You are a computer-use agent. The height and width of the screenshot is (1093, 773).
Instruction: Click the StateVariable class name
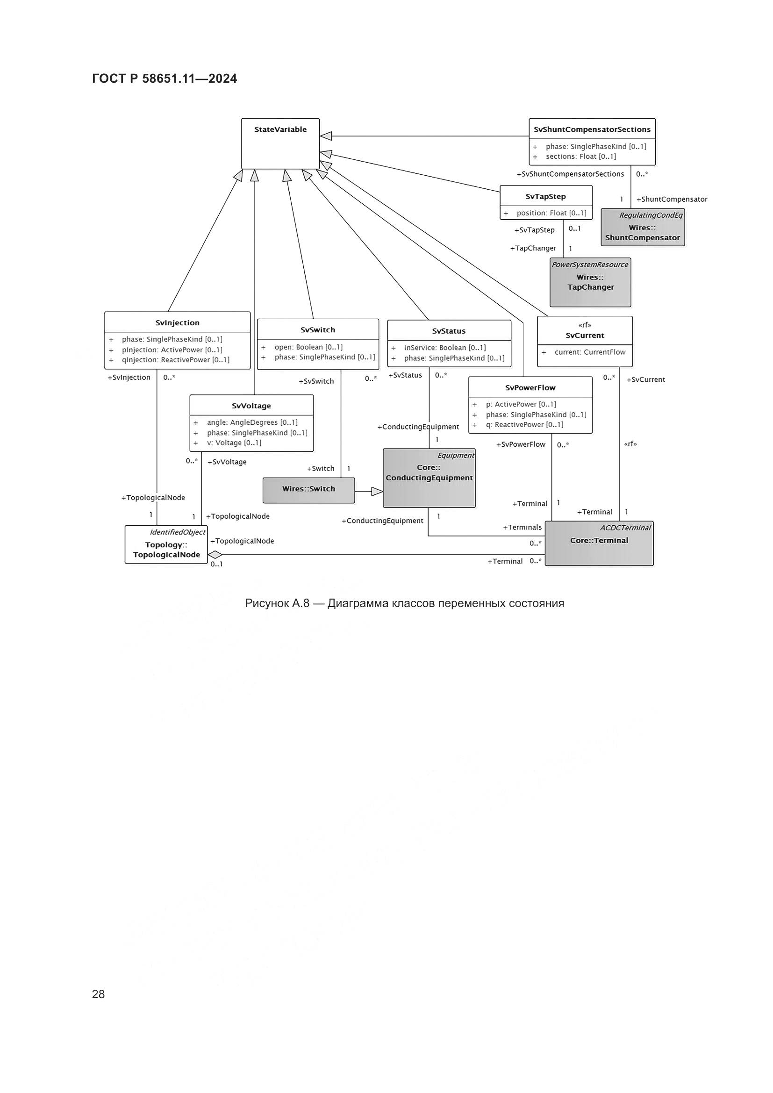(x=280, y=129)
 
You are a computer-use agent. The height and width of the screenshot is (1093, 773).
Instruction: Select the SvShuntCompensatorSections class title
(x=592, y=129)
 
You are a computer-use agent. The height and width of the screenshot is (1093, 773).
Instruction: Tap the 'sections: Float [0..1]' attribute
(x=581, y=157)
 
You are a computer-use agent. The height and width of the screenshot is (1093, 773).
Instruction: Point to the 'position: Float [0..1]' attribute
(x=551, y=213)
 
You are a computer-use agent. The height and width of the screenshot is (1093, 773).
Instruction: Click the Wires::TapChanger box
(x=590, y=283)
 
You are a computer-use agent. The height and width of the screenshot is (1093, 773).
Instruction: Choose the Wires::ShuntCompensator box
(x=643, y=228)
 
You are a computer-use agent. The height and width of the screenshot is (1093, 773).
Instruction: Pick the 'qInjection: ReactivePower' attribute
(x=175, y=360)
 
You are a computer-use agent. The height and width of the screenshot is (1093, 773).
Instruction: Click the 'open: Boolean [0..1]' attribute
(x=308, y=347)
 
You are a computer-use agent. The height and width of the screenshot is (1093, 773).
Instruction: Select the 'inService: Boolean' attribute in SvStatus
(x=444, y=348)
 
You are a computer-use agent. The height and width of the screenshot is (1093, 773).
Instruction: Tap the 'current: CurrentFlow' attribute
(x=590, y=352)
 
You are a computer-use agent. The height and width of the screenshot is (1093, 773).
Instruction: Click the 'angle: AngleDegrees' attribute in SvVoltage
(x=252, y=423)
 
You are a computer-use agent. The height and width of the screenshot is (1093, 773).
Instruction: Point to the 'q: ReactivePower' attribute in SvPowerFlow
(x=524, y=425)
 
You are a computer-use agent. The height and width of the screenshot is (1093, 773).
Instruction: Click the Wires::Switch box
(x=308, y=489)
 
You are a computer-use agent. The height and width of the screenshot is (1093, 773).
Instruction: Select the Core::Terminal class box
(x=599, y=543)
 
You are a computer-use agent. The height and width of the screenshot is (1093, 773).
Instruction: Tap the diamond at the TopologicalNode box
(x=215, y=555)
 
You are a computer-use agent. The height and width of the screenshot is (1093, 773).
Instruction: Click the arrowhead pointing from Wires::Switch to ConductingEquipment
(x=377, y=492)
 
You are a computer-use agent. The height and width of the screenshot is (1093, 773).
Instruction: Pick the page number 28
(x=98, y=994)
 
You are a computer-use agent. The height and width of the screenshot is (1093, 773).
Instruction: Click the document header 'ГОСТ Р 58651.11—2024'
(x=164, y=79)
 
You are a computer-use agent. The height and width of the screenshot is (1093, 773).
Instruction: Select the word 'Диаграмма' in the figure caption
(x=358, y=604)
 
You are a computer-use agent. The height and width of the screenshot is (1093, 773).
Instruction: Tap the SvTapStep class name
(x=545, y=197)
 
